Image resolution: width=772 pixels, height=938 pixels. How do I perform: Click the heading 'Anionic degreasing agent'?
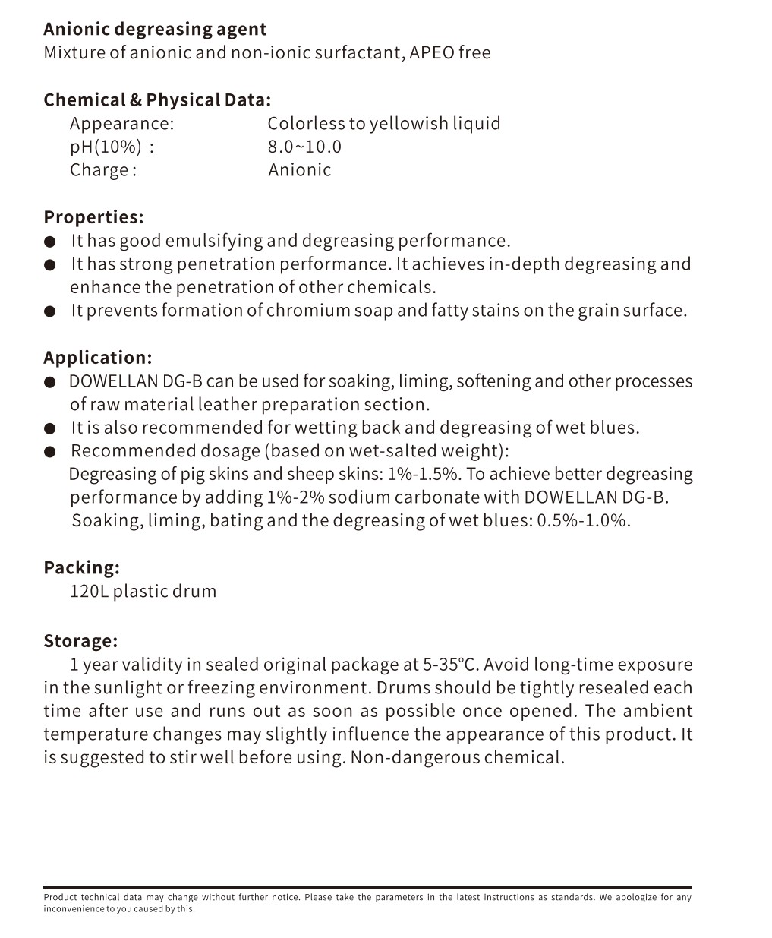pyautogui.click(x=155, y=30)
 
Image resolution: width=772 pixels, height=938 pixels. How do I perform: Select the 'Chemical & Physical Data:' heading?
pyautogui.click(x=157, y=100)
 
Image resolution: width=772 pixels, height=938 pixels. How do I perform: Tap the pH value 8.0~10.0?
pyautogui.click(x=304, y=147)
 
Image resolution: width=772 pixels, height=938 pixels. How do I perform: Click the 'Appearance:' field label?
pyautogui.click(x=121, y=124)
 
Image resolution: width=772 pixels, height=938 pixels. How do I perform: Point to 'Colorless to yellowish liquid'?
pyautogui.click(x=383, y=124)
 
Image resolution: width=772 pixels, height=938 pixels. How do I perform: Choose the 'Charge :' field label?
pyautogui.click(x=103, y=170)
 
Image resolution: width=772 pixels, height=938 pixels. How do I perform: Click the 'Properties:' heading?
pyautogui.click(x=93, y=217)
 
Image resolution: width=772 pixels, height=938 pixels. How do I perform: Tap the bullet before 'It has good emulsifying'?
pyautogui.click(x=50, y=242)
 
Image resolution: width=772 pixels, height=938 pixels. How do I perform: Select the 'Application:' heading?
pyautogui.click(x=98, y=358)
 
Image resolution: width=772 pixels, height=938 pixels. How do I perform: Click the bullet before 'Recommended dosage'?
pyautogui.click(x=50, y=453)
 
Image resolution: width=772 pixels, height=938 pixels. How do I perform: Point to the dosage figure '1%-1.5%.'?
pyautogui.click(x=424, y=475)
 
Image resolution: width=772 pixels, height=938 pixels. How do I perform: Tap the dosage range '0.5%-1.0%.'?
pyautogui.click(x=584, y=521)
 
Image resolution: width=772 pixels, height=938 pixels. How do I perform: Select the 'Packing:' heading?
pyautogui.click(x=81, y=568)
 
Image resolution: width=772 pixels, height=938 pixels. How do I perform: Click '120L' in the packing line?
pyautogui.click(x=89, y=592)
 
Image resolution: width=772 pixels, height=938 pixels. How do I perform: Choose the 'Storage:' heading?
pyautogui.click(x=80, y=641)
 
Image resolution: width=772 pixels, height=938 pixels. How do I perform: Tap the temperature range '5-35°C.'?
pyautogui.click(x=451, y=665)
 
